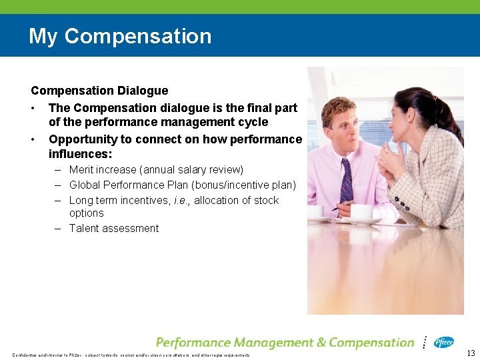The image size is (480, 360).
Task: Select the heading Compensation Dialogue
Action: pos(99,91)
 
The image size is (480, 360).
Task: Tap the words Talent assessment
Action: pos(114,229)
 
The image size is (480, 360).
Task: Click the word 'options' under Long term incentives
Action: pos(87,213)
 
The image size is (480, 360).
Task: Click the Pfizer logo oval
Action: pos(443,343)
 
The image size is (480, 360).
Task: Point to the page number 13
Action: pos(471,353)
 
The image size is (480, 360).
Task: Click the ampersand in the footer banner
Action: pos(319,343)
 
